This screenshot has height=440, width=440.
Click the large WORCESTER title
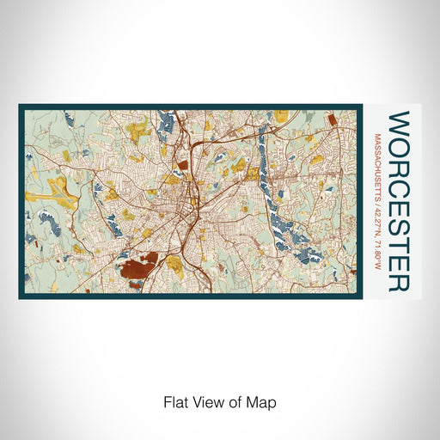[x=399, y=201]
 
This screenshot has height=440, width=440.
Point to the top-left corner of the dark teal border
[x=20, y=106]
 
